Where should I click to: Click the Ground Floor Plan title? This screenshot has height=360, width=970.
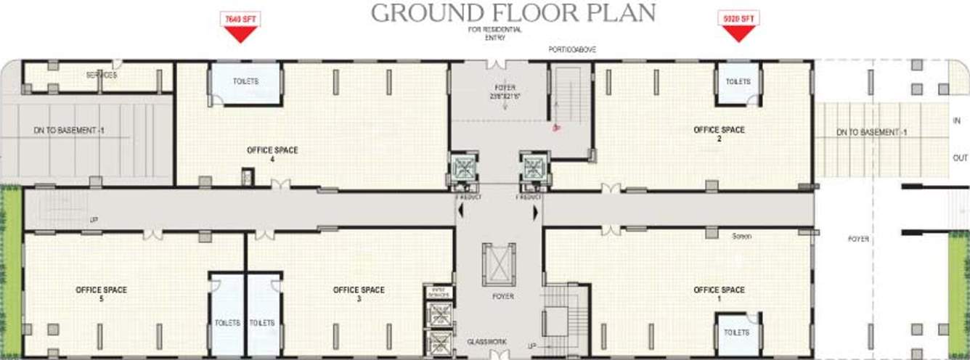click(x=513, y=12)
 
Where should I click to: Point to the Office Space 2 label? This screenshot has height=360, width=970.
click(x=719, y=134)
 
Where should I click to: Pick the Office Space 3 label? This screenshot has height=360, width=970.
click(x=359, y=294)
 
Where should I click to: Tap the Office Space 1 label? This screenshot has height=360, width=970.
click(x=719, y=294)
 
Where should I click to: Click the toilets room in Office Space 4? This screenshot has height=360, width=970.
click(x=245, y=83)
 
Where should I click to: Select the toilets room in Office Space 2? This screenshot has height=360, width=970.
click(x=738, y=82)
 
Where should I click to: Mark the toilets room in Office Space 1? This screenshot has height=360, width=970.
click(x=737, y=332)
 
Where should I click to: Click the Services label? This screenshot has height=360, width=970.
click(x=102, y=75)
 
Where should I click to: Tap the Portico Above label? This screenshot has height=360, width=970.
click(x=572, y=49)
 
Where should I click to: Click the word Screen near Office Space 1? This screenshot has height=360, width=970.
click(x=741, y=236)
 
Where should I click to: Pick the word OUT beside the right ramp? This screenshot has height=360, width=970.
click(x=959, y=157)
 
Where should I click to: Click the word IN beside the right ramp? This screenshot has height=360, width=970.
click(x=956, y=120)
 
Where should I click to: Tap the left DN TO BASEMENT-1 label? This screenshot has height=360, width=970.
click(x=65, y=130)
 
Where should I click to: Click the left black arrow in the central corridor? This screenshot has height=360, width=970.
click(x=459, y=212)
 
